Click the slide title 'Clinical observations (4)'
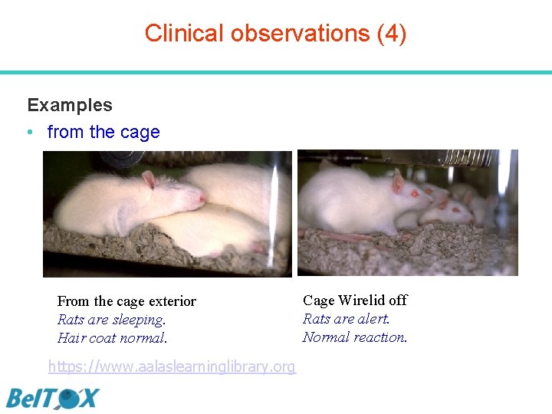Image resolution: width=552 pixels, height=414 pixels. (x=275, y=33)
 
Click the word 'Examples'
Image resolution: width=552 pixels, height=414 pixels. (x=70, y=105)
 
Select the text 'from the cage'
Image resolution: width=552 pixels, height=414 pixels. (x=103, y=132)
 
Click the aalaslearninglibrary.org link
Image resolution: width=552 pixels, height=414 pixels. (x=172, y=366)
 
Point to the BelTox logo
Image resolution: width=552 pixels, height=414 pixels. (x=53, y=399)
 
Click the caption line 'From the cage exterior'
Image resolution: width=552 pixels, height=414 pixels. (x=127, y=301)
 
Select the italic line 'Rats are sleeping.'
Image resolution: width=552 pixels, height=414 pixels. (x=111, y=320)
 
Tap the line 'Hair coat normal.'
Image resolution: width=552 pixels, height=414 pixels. (x=112, y=338)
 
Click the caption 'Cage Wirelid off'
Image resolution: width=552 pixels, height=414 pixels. (x=355, y=300)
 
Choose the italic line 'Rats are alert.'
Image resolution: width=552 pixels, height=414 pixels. (x=346, y=318)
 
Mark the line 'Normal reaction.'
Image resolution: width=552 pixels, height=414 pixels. (x=355, y=337)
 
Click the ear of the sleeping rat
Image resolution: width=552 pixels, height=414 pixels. (x=149, y=180)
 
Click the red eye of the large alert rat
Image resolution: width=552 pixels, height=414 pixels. (x=415, y=194)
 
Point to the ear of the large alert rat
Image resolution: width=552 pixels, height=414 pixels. (x=397, y=182)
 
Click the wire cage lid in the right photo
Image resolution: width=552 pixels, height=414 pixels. (x=460, y=158)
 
